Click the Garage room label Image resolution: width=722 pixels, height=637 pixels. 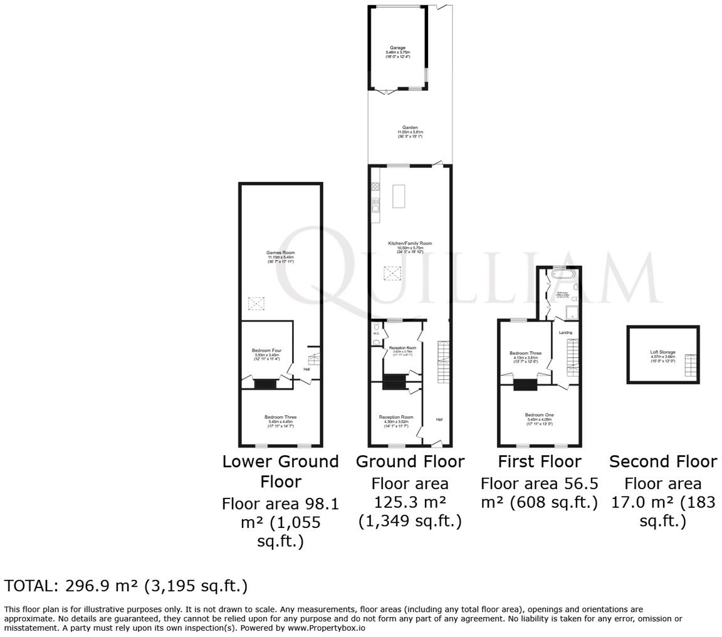point(397,48)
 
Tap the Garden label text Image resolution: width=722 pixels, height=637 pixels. point(410,127)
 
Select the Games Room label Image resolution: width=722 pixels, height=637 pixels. point(280,253)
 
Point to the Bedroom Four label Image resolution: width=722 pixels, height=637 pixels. point(266,350)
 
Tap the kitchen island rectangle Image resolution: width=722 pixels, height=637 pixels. point(399,196)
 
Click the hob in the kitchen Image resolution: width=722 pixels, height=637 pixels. point(375,186)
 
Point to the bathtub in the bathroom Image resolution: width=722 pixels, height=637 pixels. point(560,275)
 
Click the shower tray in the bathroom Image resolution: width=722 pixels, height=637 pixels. point(572,312)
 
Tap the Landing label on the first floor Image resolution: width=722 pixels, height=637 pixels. point(565,332)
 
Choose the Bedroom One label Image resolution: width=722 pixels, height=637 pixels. point(539,415)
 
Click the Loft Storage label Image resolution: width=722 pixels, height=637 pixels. point(662,352)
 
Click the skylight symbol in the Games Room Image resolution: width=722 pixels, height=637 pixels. point(256,303)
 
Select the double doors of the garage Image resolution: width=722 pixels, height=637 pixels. point(386,92)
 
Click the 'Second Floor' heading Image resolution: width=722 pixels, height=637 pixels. point(662,461)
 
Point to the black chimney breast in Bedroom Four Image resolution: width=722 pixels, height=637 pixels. point(265,384)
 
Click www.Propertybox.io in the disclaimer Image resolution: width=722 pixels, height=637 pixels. point(326,627)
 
